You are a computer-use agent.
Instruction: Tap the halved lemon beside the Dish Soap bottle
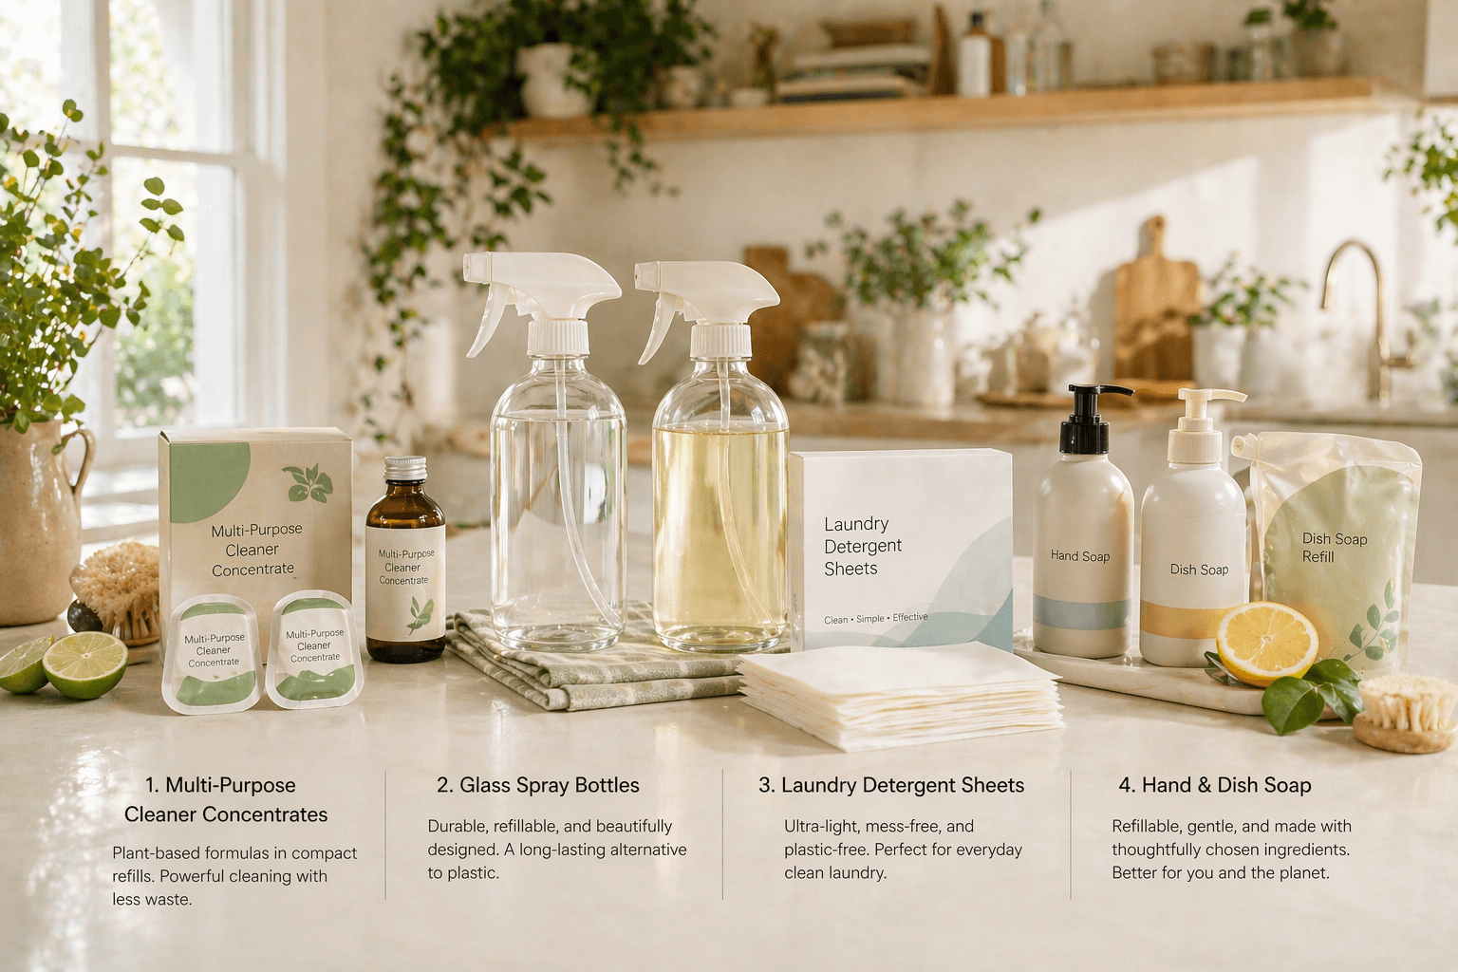point(1267,645)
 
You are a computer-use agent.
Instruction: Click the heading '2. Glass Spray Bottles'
point(537,785)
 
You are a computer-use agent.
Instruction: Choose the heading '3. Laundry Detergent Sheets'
point(891,785)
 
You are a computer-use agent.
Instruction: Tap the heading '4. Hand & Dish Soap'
point(1215,785)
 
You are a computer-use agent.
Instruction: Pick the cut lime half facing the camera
point(85,664)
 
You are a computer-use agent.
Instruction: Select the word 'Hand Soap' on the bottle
point(1080,556)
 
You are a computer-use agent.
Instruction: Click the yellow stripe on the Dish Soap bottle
point(1194,619)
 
